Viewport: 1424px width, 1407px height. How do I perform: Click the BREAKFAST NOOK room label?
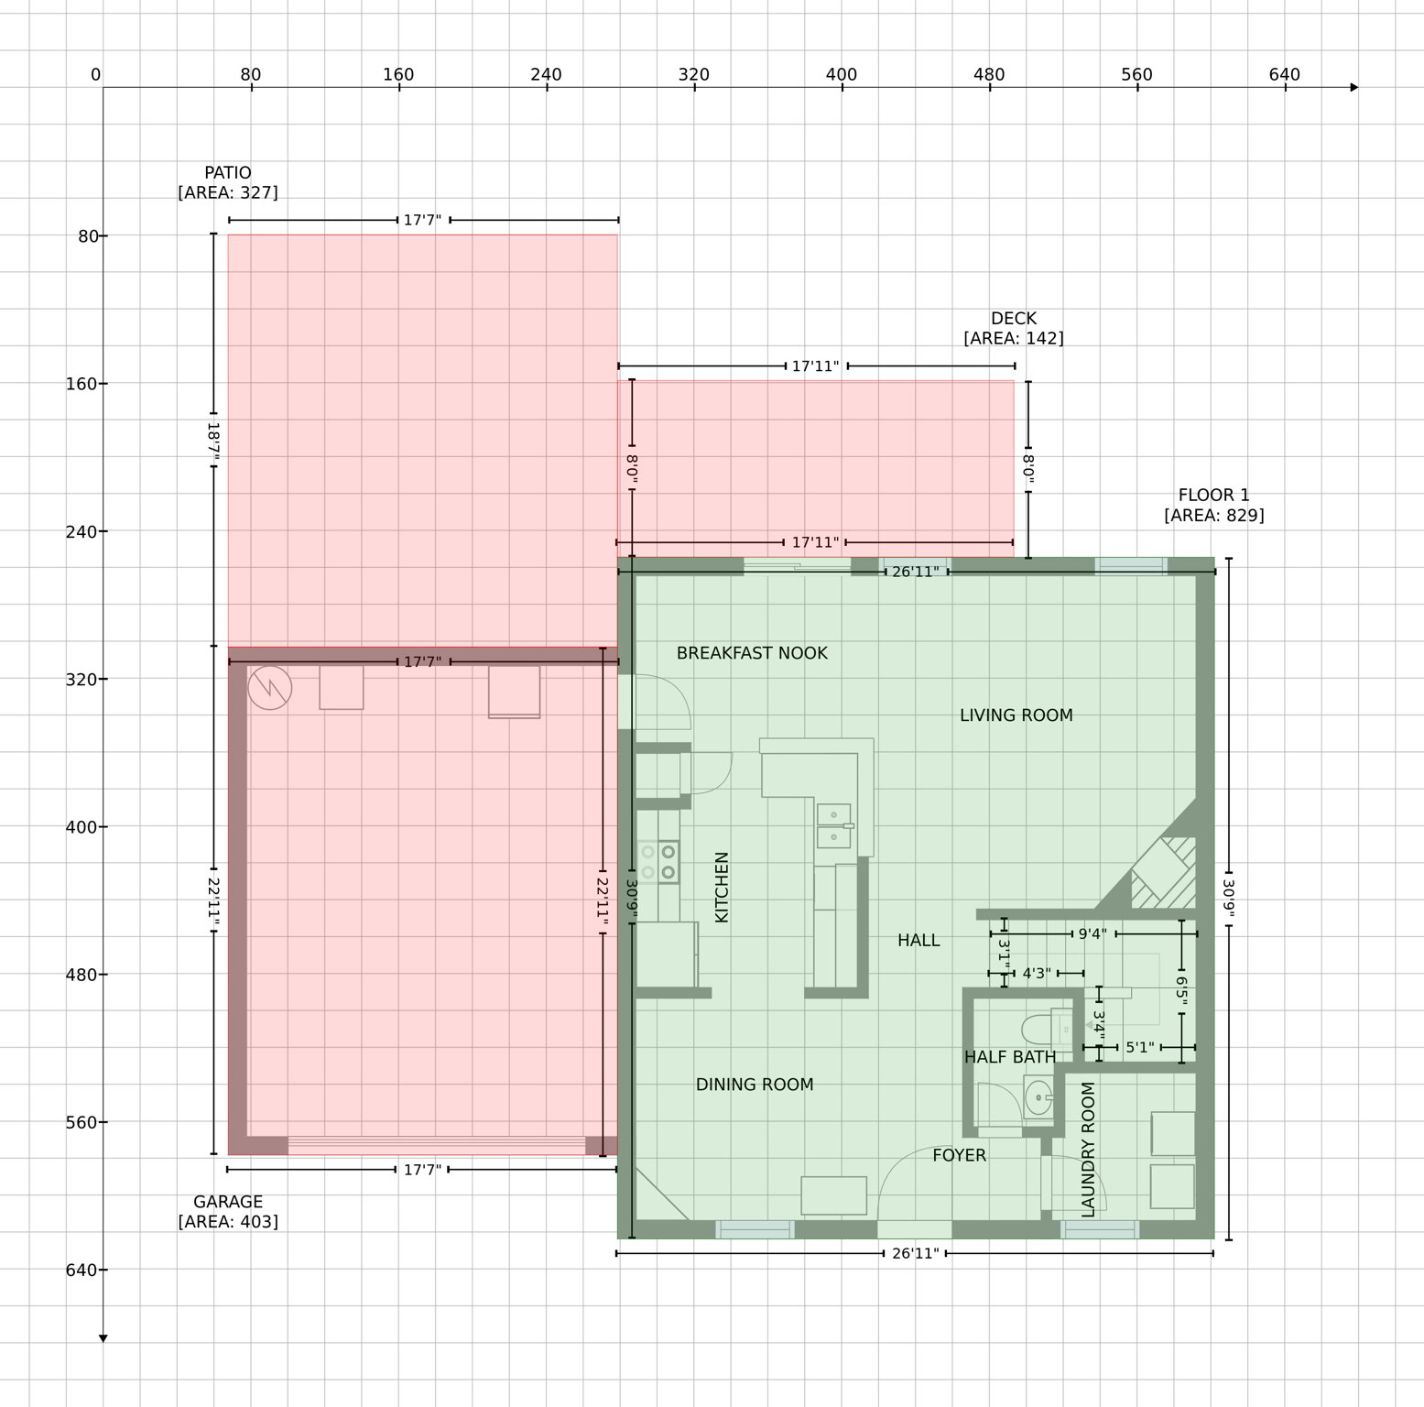click(x=752, y=653)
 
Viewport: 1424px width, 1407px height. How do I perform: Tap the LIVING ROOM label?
click(x=1016, y=715)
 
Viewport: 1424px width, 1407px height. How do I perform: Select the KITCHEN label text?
click(x=722, y=887)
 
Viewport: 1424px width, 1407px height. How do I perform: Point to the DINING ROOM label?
click(x=755, y=1085)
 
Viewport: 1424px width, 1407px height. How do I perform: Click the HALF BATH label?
click(x=1010, y=1057)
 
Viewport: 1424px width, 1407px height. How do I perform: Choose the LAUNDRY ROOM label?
click(x=1088, y=1150)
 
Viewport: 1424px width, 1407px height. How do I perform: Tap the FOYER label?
click(x=959, y=1156)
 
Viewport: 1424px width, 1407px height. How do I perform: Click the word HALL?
click(x=919, y=940)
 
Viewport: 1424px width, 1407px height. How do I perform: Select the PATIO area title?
click(x=228, y=173)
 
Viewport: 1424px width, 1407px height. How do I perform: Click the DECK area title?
click(x=1014, y=319)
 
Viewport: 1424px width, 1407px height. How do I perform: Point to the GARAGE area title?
click(x=228, y=1202)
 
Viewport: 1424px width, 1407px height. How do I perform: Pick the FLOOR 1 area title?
click(x=1213, y=496)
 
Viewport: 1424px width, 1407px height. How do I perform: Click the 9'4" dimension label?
click(x=1092, y=934)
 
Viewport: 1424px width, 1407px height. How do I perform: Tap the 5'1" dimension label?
click(x=1139, y=1047)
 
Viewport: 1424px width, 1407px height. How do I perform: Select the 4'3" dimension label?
click(x=1036, y=974)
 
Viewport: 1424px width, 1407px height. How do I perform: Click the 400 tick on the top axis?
click(x=842, y=75)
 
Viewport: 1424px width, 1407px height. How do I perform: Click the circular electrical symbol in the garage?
click(x=269, y=687)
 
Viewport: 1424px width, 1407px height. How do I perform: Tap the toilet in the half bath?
click(x=1040, y=1030)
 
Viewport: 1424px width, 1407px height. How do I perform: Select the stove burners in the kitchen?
click(x=658, y=862)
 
